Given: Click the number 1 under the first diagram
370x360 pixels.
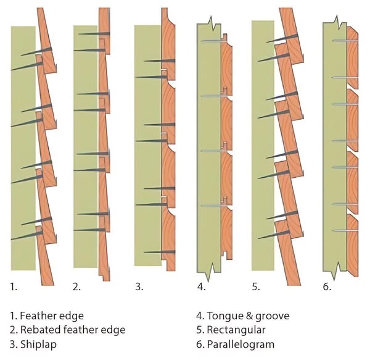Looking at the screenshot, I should click(14, 287).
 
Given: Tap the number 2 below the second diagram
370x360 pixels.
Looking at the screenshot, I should click(76, 287).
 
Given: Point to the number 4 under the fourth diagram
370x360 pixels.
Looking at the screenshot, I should click(200, 287).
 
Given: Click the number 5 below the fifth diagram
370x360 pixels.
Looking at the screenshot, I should click(256, 287).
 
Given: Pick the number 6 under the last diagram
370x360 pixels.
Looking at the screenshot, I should click(327, 287).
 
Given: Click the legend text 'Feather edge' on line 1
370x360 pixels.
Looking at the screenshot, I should click(49, 316).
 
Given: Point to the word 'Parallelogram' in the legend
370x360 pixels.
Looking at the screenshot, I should click(240, 344).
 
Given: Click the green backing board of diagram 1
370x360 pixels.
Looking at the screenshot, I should click(22, 148).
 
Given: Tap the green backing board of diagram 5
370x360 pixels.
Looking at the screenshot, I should click(262, 148).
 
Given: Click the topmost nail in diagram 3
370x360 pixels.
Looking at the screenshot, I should click(154, 61).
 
